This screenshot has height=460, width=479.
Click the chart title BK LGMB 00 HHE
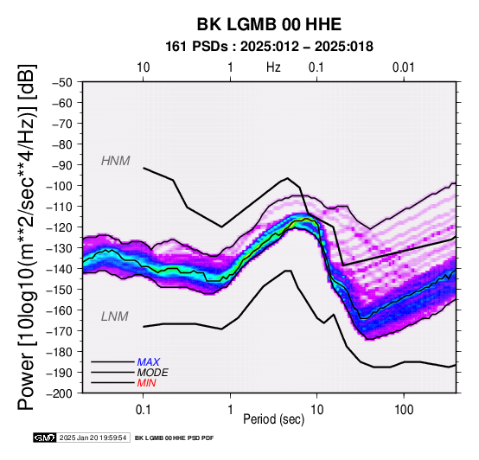pyautogui.click(x=269, y=24)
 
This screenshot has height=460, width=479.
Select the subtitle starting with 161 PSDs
pyautogui.click(x=269, y=47)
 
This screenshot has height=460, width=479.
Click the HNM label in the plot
pyautogui.click(x=116, y=161)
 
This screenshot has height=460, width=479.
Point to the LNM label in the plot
pyautogui.click(x=114, y=316)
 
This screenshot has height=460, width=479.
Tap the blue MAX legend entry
pyautogui.click(x=148, y=362)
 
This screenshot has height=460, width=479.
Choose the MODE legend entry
pyautogui.click(x=152, y=373)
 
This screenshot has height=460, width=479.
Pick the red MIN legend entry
pyautogui.click(x=146, y=383)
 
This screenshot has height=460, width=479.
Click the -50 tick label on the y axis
pyautogui.click(x=62, y=82)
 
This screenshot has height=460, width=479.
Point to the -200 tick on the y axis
pyautogui.click(x=60, y=393)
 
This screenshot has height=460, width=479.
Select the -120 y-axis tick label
pyautogui.click(x=60, y=227)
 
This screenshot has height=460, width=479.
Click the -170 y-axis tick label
pyautogui.click(x=60, y=331)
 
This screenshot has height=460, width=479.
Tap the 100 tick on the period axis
pyautogui.click(x=404, y=410)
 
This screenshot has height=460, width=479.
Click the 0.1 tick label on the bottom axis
pyautogui.click(x=143, y=410)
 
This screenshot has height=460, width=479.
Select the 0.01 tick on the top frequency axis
pyautogui.click(x=404, y=67)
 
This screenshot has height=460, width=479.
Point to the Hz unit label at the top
pyautogui.click(x=273, y=67)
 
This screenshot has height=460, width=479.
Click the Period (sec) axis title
pyautogui.click(x=274, y=419)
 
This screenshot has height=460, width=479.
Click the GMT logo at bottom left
pyautogui.click(x=45, y=438)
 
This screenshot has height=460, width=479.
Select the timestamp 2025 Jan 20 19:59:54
pyautogui.click(x=93, y=438)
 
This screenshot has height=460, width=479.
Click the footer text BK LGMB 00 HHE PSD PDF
pyautogui.click(x=174, y=438)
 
